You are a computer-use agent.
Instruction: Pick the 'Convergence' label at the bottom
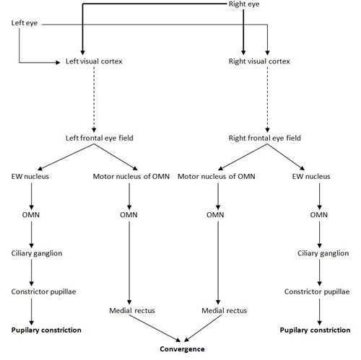pyautogui.click(x=183, y=349)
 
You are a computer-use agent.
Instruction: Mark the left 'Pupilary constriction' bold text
pyautogui.click(x=45, y=330)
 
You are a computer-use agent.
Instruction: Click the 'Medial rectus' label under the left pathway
pyautogui.click(x=129, y=310)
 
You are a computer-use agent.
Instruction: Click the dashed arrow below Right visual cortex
pyautogui.click(x=267, y=100)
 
